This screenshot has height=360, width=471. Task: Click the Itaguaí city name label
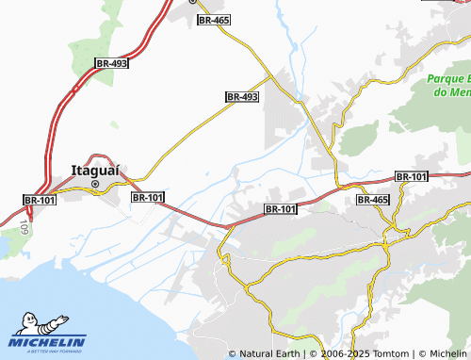point(95,170)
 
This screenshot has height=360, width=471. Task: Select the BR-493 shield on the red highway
point(111,63)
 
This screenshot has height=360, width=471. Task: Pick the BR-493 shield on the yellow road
point(242,97)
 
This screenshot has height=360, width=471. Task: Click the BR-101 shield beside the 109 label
point(39,200)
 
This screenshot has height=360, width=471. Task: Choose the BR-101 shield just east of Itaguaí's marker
point(148,198)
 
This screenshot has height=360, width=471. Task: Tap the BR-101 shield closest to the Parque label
point(411,176)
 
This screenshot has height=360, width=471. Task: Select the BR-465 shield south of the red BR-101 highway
point(373,200)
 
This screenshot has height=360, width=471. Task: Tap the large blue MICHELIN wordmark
point(48,342)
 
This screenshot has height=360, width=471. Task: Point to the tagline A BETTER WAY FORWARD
point(48,352)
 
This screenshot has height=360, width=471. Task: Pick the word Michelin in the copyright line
point(447,353)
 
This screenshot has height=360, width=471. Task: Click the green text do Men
point(450,91)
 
